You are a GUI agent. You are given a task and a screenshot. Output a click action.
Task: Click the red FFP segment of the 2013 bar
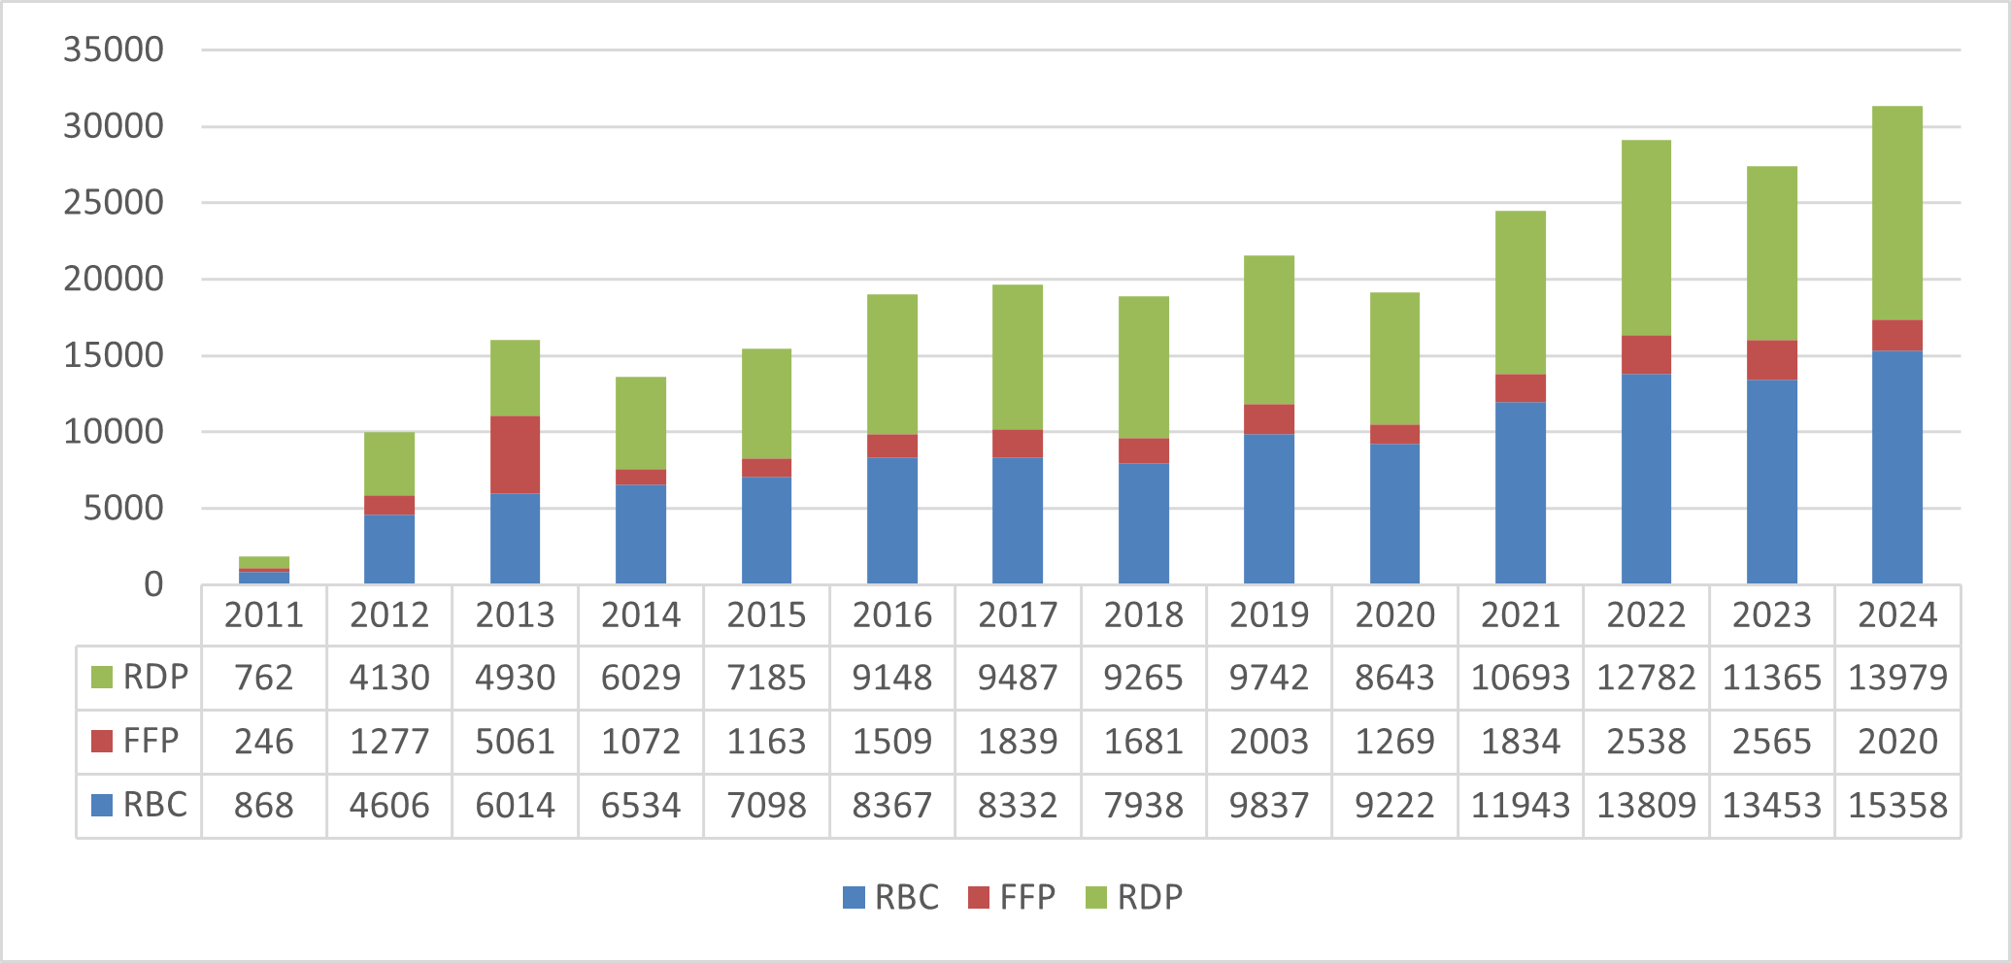coord(515,454)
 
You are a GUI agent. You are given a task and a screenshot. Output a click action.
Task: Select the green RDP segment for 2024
coord(1896,214)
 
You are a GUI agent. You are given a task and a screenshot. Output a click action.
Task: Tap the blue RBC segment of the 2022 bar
coord(1646,479)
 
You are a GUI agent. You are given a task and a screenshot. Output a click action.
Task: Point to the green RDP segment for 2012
coord(389,464)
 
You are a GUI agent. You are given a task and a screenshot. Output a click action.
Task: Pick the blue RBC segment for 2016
coord(891,520)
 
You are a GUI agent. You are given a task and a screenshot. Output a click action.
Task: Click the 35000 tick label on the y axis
coord(114,50)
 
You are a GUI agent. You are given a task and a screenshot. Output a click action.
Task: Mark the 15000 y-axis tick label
coord(114,355)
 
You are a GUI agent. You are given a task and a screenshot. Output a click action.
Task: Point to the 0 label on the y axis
coord(153,584)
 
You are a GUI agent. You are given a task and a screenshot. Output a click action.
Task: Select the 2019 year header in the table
coord(1269,614)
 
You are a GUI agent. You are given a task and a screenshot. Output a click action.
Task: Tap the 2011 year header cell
coord(264,614)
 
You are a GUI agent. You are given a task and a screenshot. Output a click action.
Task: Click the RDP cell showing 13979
coord(1897,678)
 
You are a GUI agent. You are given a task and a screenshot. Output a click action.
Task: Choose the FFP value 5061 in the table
coord(515,742)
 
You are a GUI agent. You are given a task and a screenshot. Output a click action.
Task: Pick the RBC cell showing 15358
coord(1897,806)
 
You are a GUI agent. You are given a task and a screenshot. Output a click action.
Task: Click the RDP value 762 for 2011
coord(264,678)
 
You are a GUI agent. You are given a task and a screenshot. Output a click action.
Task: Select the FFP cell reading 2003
coord(1269,742)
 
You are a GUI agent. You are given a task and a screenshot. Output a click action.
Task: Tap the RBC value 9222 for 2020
coord(1394,806)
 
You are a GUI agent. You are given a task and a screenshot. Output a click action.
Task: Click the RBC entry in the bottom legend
coord(891,897)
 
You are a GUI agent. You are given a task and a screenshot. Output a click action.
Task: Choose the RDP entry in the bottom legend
coord(1134,897)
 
